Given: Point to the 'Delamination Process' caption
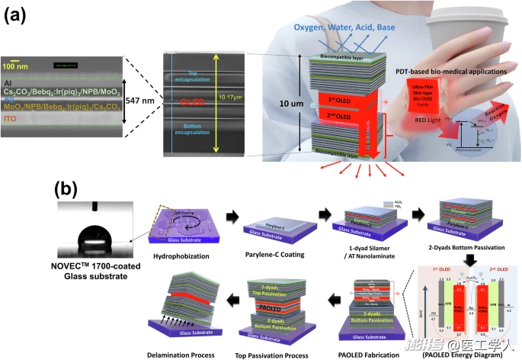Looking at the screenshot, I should [x=189, y=355].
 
